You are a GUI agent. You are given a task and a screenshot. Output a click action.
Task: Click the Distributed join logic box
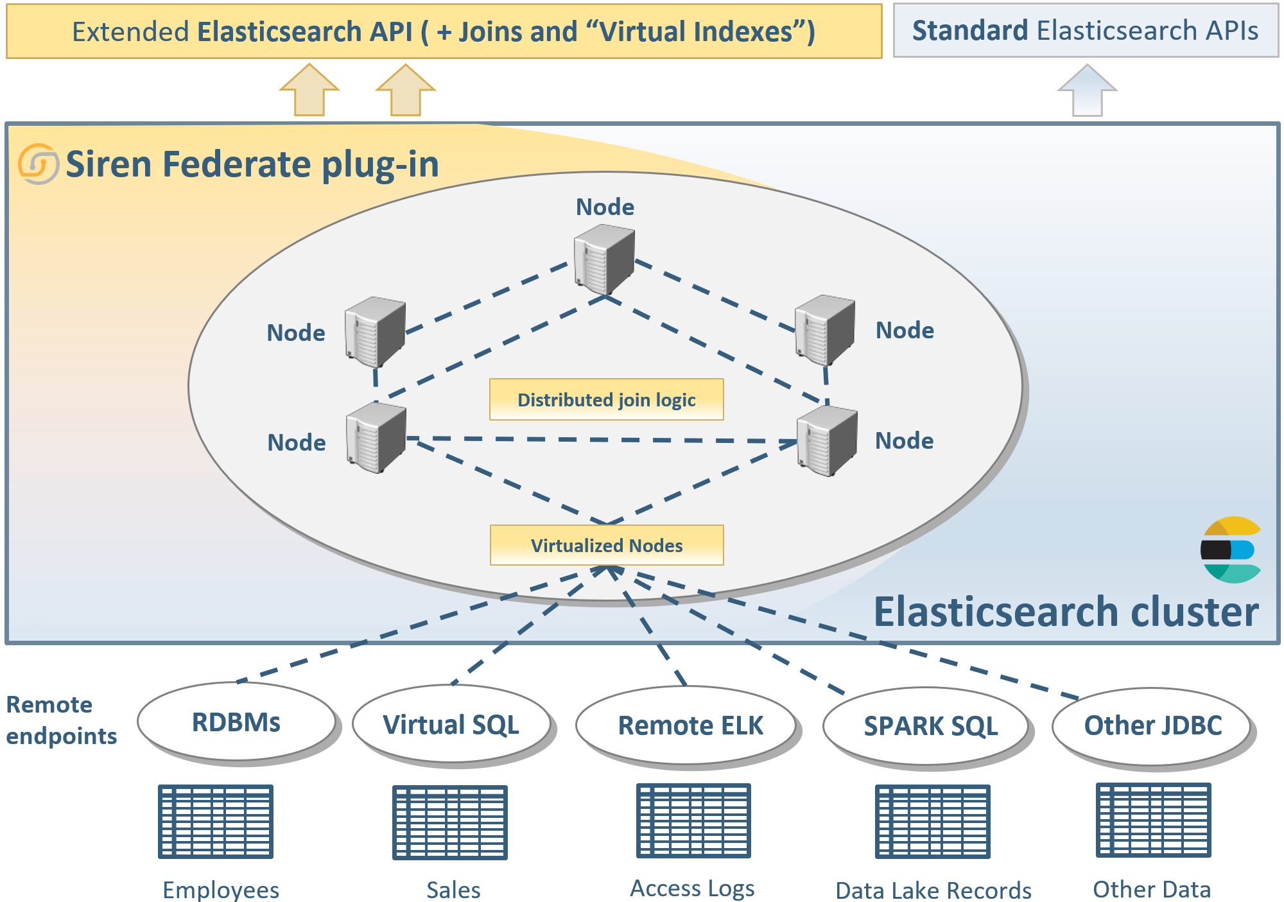click(606, 399)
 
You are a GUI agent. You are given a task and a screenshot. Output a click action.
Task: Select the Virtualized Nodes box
click(606, 545)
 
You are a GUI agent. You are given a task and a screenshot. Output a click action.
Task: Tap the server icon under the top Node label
click(603, 259)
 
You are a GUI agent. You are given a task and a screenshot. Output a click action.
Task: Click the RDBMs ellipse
click(236, 722)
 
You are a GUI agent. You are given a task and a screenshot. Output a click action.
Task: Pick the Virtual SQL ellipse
click(451, 725)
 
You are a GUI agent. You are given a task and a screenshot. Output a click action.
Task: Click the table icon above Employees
click(216, 821)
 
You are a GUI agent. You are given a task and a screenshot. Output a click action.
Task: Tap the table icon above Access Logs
click(693, 820)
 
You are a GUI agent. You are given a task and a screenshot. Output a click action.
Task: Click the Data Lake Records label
click(933, 890)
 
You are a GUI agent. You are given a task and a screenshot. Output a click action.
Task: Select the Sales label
click(453, 890)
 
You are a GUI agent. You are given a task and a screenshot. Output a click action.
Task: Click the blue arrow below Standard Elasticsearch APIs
click(1087, 91)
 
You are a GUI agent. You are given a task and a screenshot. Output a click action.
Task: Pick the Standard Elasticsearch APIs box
click(1085, 31)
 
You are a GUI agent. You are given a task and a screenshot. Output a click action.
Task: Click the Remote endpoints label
click(61, 720)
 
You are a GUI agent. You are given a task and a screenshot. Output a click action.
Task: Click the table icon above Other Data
click(1153, 820)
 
